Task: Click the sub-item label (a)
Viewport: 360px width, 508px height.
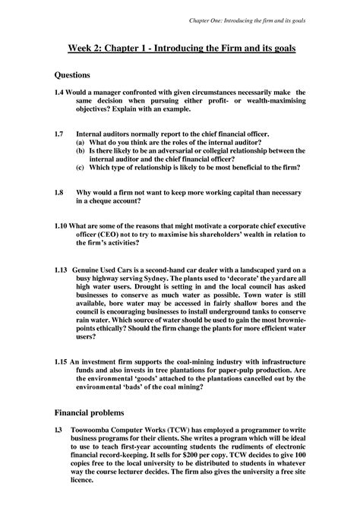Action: pyautogui.click(x=81, y=142)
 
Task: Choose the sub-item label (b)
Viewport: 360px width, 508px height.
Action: pyautogui.click(x=81, y=151)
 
